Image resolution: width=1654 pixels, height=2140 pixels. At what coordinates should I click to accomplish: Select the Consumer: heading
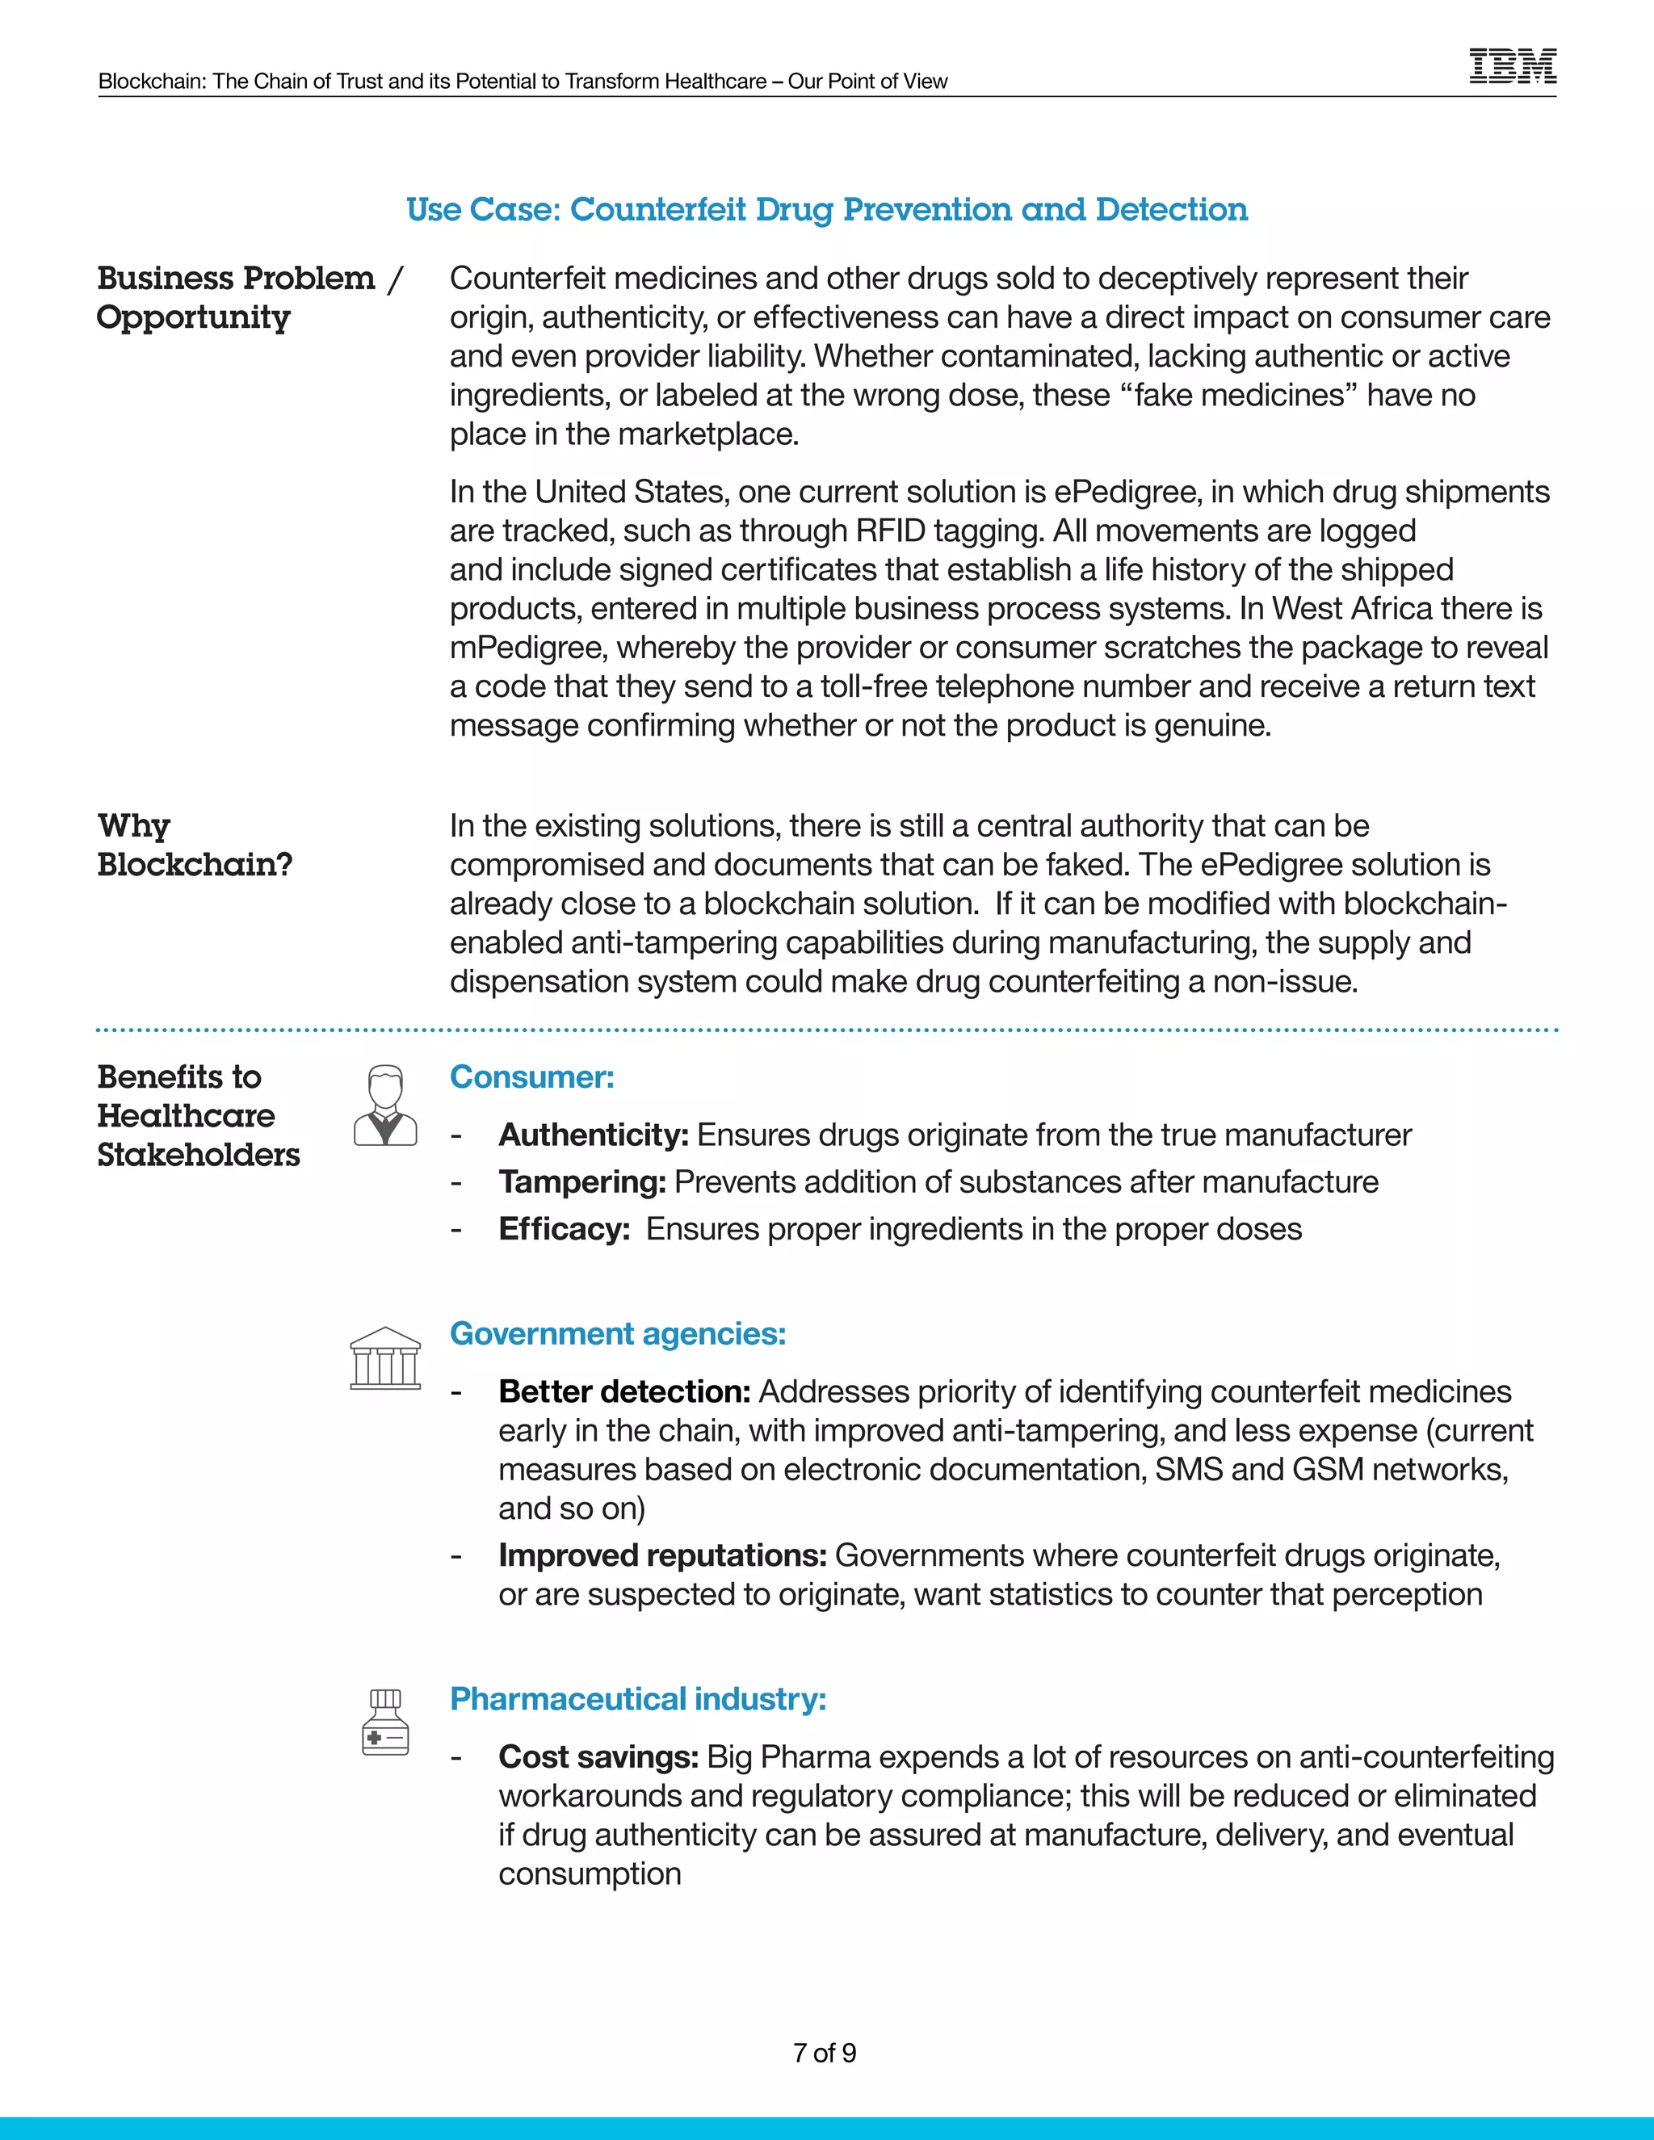pos(532,1076)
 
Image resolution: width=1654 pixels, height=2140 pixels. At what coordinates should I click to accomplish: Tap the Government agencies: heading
pos(617,1333)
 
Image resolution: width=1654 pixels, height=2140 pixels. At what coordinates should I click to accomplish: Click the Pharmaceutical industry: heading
pos(638,1698)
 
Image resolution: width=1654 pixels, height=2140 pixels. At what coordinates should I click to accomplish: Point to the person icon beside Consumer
pos(385,1106)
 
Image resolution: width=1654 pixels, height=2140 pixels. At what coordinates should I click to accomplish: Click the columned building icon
pos(385,1358)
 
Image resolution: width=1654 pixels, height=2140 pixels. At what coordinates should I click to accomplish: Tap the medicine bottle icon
pos(385,1722)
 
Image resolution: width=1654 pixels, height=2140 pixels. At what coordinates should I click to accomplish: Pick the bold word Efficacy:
pos(565,1229)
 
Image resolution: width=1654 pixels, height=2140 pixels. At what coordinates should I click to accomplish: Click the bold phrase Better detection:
pos(624,1391)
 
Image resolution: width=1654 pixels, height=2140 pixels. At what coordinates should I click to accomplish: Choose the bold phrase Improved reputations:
pos(662,1555)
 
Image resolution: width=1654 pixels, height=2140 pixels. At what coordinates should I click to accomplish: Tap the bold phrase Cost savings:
pos(598,1757)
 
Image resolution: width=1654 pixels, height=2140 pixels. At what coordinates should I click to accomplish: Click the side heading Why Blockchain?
pos(194,845)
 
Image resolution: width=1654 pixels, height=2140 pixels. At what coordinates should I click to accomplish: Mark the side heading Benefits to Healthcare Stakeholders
pos(198,1115)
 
